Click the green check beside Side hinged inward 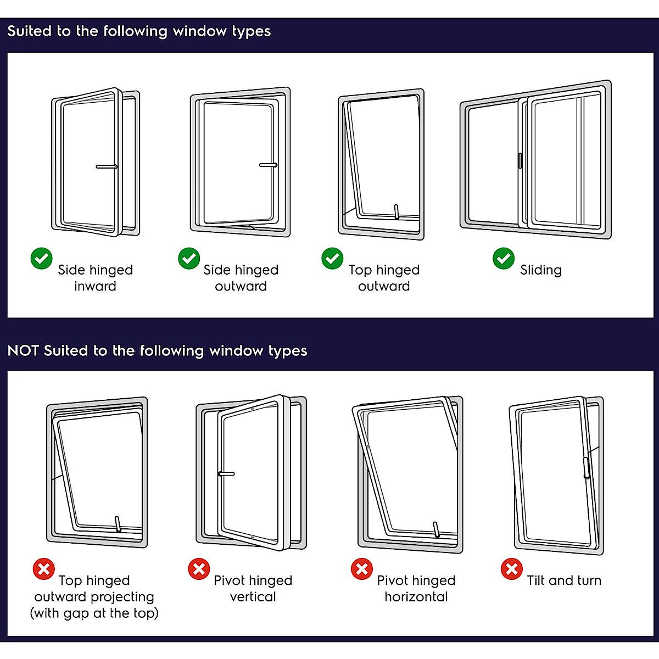[41, 259]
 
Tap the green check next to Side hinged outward [189, 258]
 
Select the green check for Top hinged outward [332, 258]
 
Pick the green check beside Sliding [504, 258]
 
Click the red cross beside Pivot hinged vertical [199, 569]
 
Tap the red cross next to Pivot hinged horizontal [362, 569]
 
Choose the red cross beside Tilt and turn [511, 569]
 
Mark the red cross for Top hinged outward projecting [43, 569]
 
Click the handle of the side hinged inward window [107, 166]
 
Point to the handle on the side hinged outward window [268, 165]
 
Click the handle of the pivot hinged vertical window [226, 473]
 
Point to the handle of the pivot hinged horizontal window [437, 529]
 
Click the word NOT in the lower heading [23, 351]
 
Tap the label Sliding [541, 270]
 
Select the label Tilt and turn [564, 580]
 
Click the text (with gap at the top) [94, 613]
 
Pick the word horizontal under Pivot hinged [416, 597]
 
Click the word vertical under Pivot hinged [253, 597]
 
